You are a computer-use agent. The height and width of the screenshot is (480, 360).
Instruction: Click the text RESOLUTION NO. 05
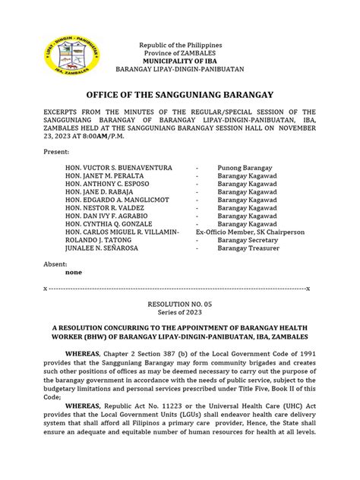pos(180,302)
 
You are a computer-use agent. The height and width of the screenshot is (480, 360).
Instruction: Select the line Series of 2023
pos(180,311)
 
